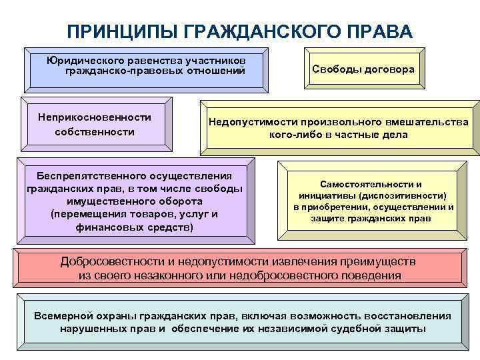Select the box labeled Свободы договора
(363, 69)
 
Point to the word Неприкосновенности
(95, 117)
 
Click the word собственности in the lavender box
(95, 132)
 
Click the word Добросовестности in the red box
(112, 261)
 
